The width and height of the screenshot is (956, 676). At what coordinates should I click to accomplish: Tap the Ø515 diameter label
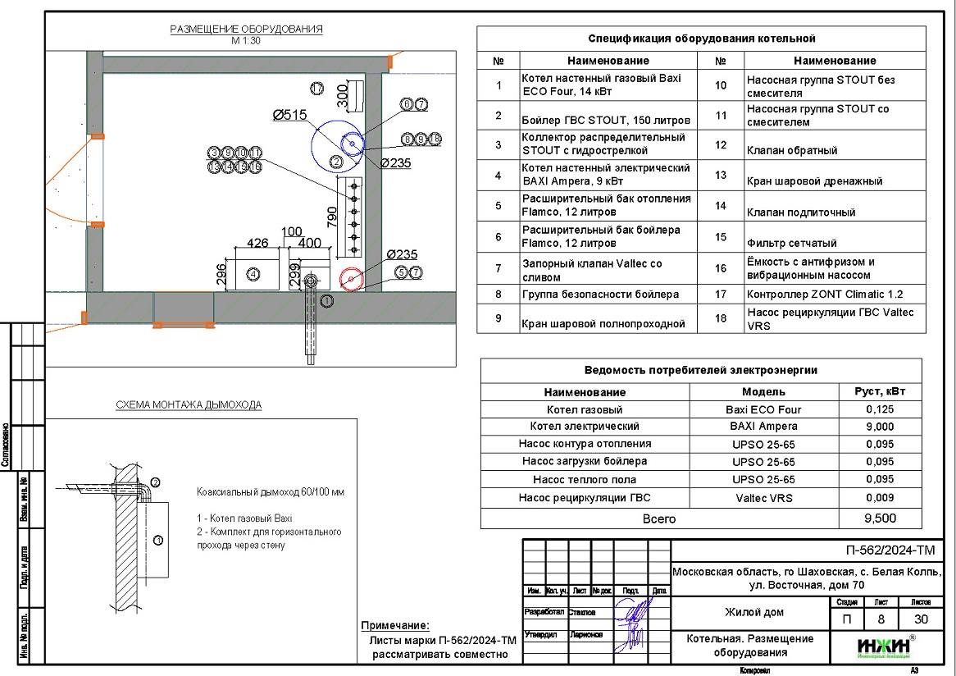[x=289, y=116]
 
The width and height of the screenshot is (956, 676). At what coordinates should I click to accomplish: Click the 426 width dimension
[x=258, y=243]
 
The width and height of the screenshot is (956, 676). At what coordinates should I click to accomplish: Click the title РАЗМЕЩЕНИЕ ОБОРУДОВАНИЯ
[x=246, y=30]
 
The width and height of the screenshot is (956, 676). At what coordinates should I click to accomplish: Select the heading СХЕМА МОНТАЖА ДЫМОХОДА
[x=188, y=405]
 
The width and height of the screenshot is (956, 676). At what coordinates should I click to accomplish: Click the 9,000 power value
[x=880, y=427]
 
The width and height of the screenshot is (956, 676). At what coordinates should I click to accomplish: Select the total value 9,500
[x=880, y=518]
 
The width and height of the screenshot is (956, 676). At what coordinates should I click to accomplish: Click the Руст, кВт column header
[x=880, y=391]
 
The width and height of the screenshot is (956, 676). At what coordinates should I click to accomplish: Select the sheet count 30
[x=921, y=619]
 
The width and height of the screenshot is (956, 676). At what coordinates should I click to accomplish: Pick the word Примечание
[x=394, y=626]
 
